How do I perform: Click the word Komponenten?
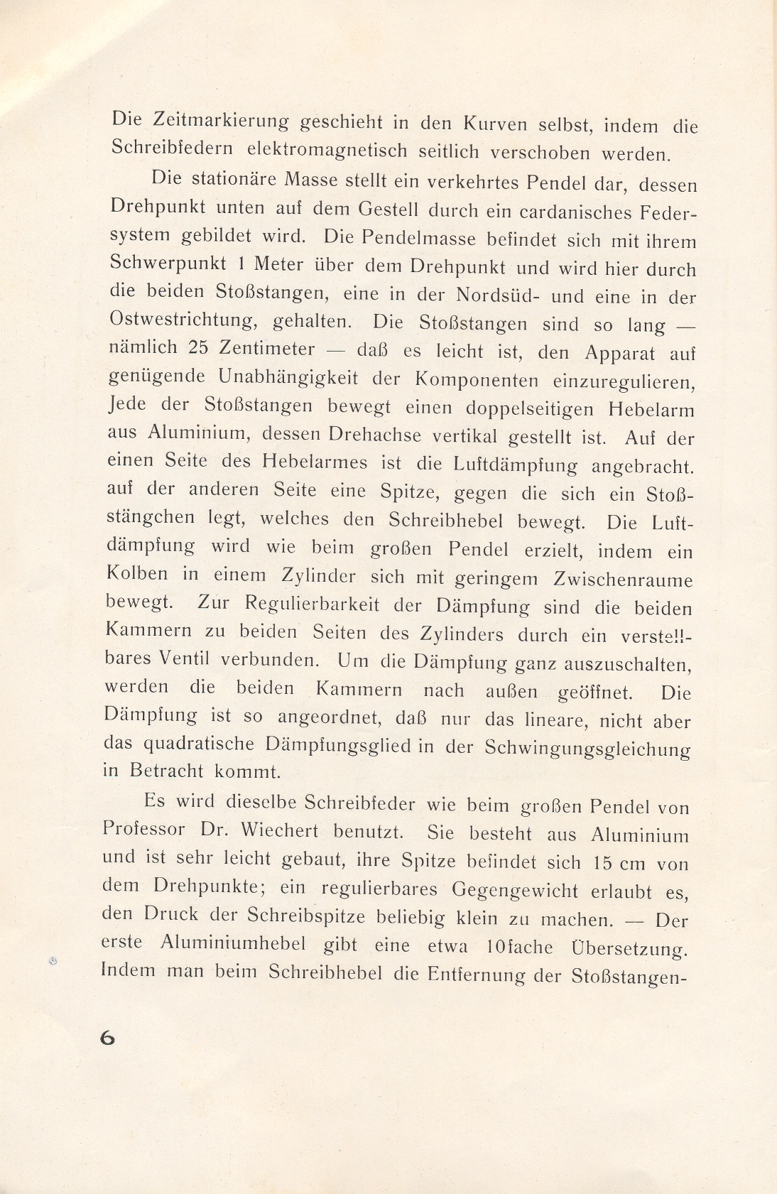(477, 379)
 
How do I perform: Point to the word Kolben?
(138, 573)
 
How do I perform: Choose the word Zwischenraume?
(622, 580)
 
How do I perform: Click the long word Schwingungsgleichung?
(587, 749)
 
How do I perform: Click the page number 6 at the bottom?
(107, 1038)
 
